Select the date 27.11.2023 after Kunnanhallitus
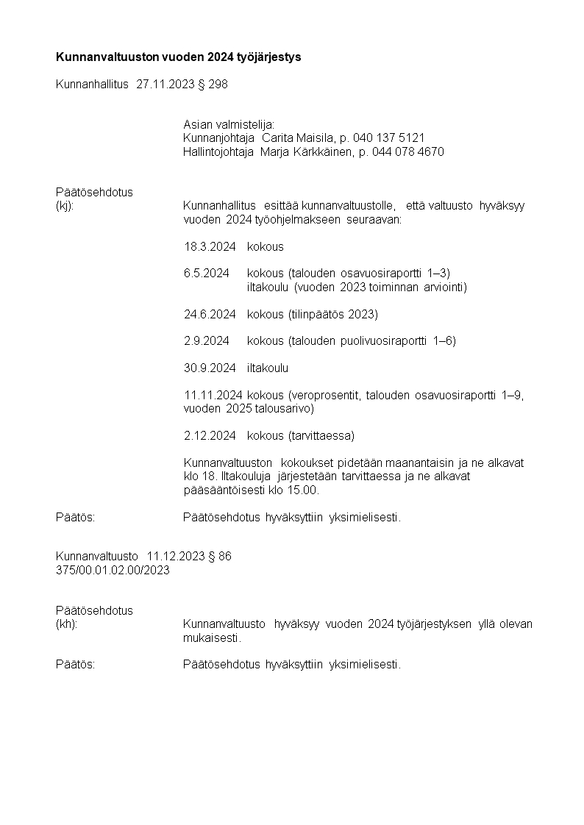[165, 85]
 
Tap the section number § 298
[213, 85]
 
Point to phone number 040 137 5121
[389, 138]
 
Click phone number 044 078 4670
[408, 152]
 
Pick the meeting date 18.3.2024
[210, 247]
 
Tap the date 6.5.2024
[207, 274]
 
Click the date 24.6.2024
[210, 315]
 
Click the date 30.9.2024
[210, 368]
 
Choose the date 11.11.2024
[213, 395]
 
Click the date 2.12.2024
[210, 436]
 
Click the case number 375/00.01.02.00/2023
[113, 570]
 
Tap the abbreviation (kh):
[67, 624]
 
